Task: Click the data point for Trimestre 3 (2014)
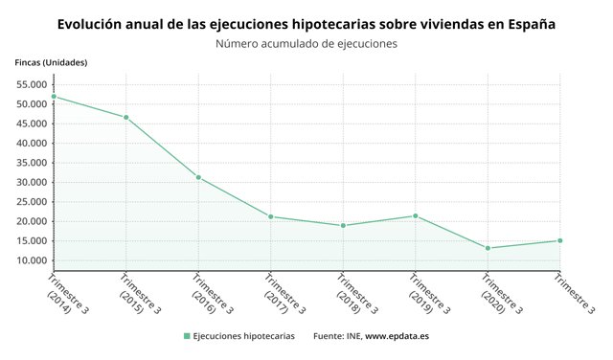[x=54, y=96]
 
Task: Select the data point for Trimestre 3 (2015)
[x=125, y=118]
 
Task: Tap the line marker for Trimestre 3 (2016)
[x=198, y=177]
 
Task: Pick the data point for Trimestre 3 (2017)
[x=271, y=216]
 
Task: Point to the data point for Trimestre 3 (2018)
[x=343, y=226]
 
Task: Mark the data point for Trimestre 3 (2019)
[x=415, y=215]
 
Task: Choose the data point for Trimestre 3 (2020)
[x=488, y=248]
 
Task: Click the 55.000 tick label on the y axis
[x=33, y=84]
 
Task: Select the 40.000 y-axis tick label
[x=33, y=144]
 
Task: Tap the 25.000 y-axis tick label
[x=33, y=202]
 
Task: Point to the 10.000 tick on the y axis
[x=33, y=260]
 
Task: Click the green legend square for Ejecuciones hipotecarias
[x=187, y=336]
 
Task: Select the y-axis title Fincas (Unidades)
[x=51, y=62]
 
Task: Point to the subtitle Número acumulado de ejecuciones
[x=306, y=43]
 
